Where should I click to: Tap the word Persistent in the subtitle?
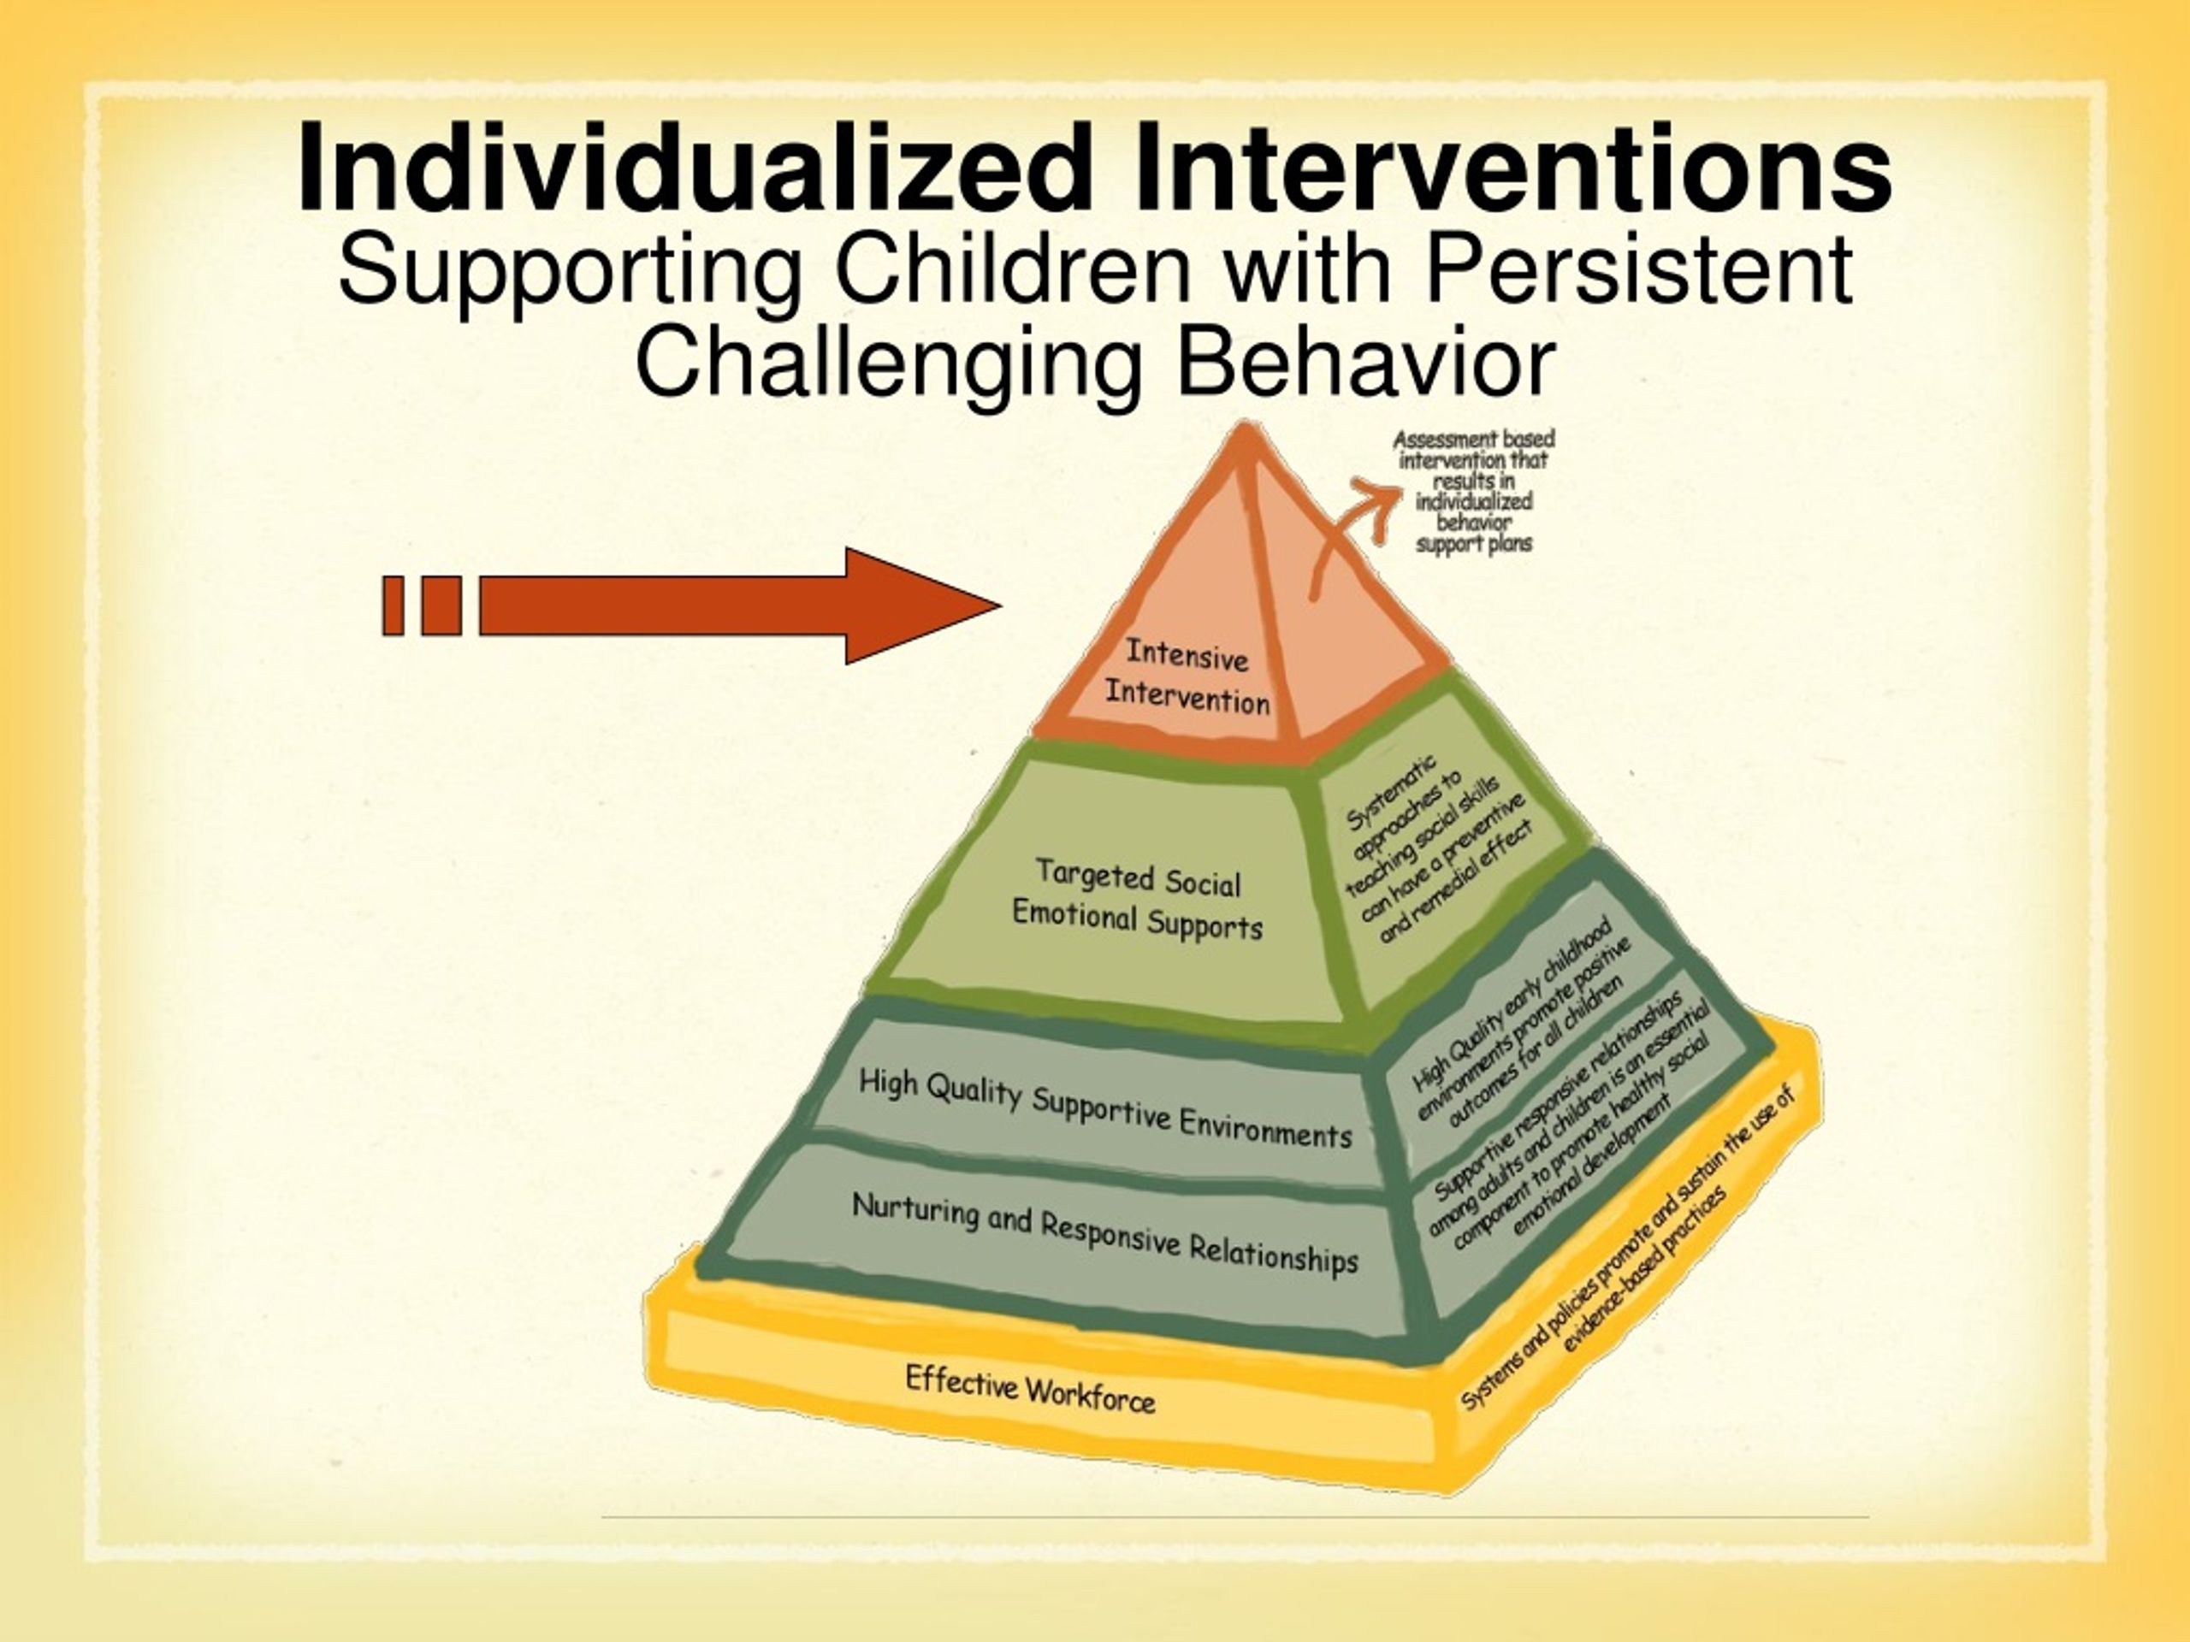[x=1637, y=269]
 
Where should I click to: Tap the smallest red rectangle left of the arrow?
[x=393, y=605]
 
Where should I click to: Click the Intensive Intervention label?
[x=1187, y=678]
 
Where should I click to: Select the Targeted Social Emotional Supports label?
[x=1137, y=900]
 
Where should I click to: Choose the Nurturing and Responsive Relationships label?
[x=1105, y=1233]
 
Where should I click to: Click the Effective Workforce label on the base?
[x=1030, y=1389]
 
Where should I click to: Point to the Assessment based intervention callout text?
[x=1474, y=491]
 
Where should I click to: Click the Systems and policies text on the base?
[x=1629, y=1249]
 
